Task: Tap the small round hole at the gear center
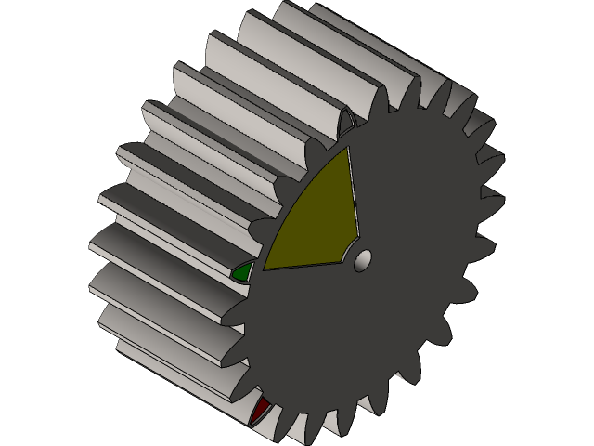[364, 257]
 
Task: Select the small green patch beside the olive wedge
[243, 272]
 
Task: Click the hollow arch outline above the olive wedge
[348, 125]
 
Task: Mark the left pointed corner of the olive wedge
[265, 269]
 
